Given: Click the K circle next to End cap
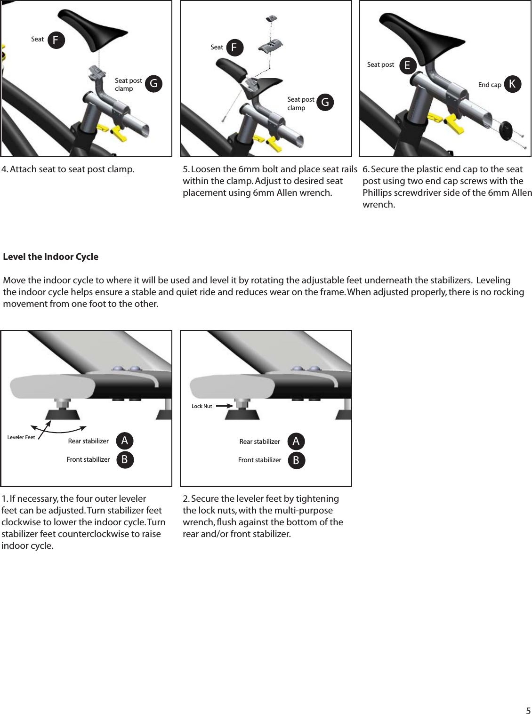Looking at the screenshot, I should [513, 84].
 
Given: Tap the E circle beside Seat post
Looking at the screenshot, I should [408, 65].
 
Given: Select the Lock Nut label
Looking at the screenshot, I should [202, 406].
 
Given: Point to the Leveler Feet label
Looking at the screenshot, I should [21, 437].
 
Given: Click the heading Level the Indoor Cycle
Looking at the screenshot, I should [51, 257].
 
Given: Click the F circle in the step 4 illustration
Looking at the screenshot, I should [56, 40].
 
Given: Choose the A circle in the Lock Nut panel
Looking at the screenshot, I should [296, 441].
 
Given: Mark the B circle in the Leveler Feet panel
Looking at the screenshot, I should [125, 460].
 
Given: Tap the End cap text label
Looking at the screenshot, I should [490, 85].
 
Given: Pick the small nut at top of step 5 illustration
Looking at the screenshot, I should [271, 18].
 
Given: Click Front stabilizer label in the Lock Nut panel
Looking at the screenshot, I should [259, 460].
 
